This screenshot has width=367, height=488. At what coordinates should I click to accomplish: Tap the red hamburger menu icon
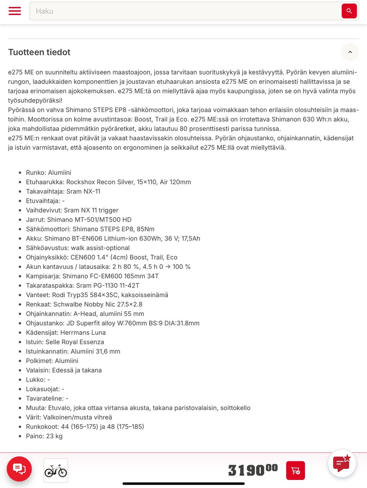[x=15, y=11]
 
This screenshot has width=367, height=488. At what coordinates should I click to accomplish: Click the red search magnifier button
[x=349, y=11]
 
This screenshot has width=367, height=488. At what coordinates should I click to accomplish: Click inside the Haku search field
[x=183, y=11]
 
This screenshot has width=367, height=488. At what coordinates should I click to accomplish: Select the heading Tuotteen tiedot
[x=39, y=52]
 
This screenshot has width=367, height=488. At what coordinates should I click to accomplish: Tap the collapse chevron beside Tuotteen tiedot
[x=350, y=52]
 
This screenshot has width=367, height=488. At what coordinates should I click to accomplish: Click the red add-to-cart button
[x=296, y=470]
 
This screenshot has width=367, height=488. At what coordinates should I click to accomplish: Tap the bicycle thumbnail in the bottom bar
[x=56, y=470]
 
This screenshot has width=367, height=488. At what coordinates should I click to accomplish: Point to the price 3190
[x=252, y=470]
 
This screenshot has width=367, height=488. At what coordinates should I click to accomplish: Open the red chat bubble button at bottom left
[x=19, y=468]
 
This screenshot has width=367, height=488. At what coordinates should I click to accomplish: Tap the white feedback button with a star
[x=342, y=463]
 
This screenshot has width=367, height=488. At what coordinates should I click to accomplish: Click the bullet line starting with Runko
[x=49, y=172]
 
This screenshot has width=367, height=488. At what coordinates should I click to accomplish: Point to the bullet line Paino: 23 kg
[x=44, y=436]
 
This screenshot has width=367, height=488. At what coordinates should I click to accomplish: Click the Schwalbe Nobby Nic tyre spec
[x=84, y=304]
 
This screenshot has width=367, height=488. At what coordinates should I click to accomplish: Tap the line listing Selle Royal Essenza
[x=65, y=342]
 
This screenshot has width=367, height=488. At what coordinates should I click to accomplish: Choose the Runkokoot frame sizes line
[x=85, y=426]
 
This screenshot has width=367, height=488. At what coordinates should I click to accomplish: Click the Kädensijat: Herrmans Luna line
[x=66, y=333]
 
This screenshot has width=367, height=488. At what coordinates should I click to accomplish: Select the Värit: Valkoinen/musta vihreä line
[x=69, y=417]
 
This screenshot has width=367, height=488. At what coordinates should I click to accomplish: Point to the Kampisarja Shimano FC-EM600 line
[x=92, y=276]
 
